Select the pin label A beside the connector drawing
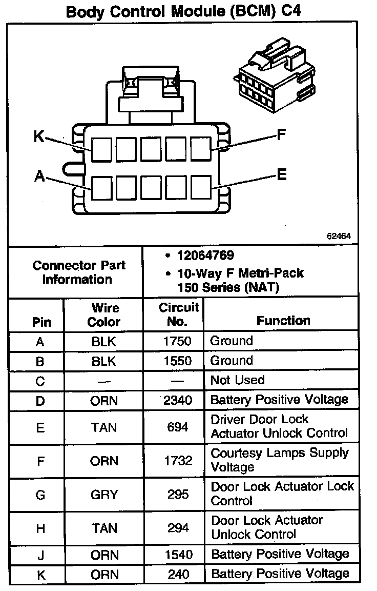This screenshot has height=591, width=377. click(39, 176)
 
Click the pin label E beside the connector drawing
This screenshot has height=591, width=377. click(281, 175)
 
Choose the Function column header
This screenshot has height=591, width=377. click(283, 321)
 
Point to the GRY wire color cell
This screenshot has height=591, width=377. click(104, 495)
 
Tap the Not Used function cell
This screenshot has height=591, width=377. click(238, 380)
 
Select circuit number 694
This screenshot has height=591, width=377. click(178, 427)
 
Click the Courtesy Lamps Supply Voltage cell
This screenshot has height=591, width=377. click(280, 460)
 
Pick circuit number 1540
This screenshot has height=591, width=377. click(178, 555)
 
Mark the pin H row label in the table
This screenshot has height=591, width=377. click(40, 528)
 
